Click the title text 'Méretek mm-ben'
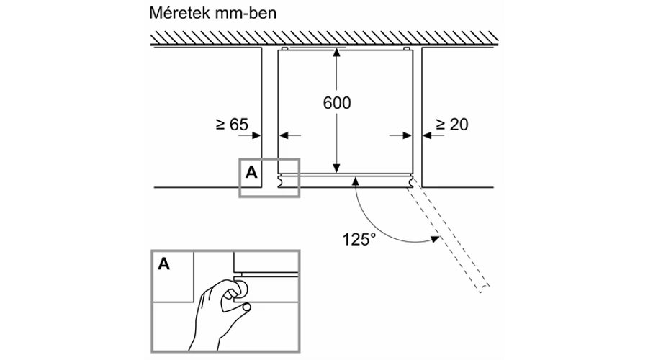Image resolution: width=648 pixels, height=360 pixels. coord(203,14)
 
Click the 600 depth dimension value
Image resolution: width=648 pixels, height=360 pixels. coord(336,103)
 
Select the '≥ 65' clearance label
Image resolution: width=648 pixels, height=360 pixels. coord(231,125)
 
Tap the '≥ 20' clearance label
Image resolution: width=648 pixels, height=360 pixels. coord(451,125)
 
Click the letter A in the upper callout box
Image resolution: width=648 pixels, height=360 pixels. coord(251,172)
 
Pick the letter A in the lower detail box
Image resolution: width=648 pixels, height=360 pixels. coord(164,264)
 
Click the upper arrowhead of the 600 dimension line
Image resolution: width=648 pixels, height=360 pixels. coord(336,52)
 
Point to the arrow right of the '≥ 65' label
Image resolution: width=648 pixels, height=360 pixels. coord(256,134)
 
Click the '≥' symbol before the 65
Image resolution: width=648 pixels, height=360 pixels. coord(220,125)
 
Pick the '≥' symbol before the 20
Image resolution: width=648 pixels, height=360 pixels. coord(440,125)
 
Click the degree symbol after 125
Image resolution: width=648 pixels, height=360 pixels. coord(372,234)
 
